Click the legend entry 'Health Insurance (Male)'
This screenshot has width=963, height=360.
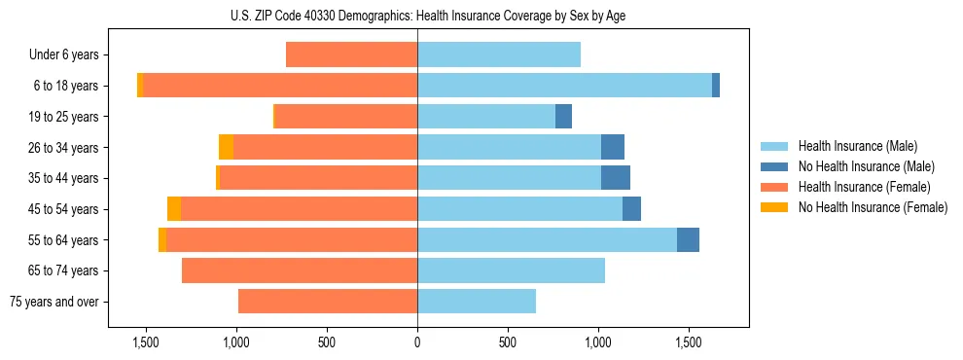[x=857, y=146]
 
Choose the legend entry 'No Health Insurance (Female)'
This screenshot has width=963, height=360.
[x=873, y=207]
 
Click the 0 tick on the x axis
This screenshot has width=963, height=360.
[x=417, y=342]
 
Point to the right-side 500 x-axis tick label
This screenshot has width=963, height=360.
[x=507, y=342]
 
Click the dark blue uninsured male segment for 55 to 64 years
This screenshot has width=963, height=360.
[x=688, y=239]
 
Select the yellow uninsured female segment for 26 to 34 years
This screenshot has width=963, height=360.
[x=226, y=147]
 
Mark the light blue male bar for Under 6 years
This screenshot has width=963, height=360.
[x=499, y=55]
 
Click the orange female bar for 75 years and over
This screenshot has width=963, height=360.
[x=328, y=302]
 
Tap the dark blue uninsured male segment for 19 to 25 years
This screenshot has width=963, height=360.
[x=563, y=117]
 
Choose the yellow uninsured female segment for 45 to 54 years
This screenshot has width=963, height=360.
[x=174, y=209]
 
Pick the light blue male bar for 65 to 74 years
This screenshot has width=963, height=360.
[x=511, y=270]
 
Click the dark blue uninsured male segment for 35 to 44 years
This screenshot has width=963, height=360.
[x=616, y=178]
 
